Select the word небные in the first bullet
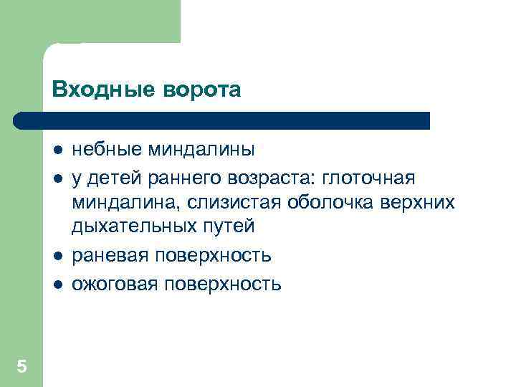(x=107, y=150)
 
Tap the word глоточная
(x=373, y=176)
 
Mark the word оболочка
(x=335, y=202)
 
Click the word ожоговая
(x=115, y=283)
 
